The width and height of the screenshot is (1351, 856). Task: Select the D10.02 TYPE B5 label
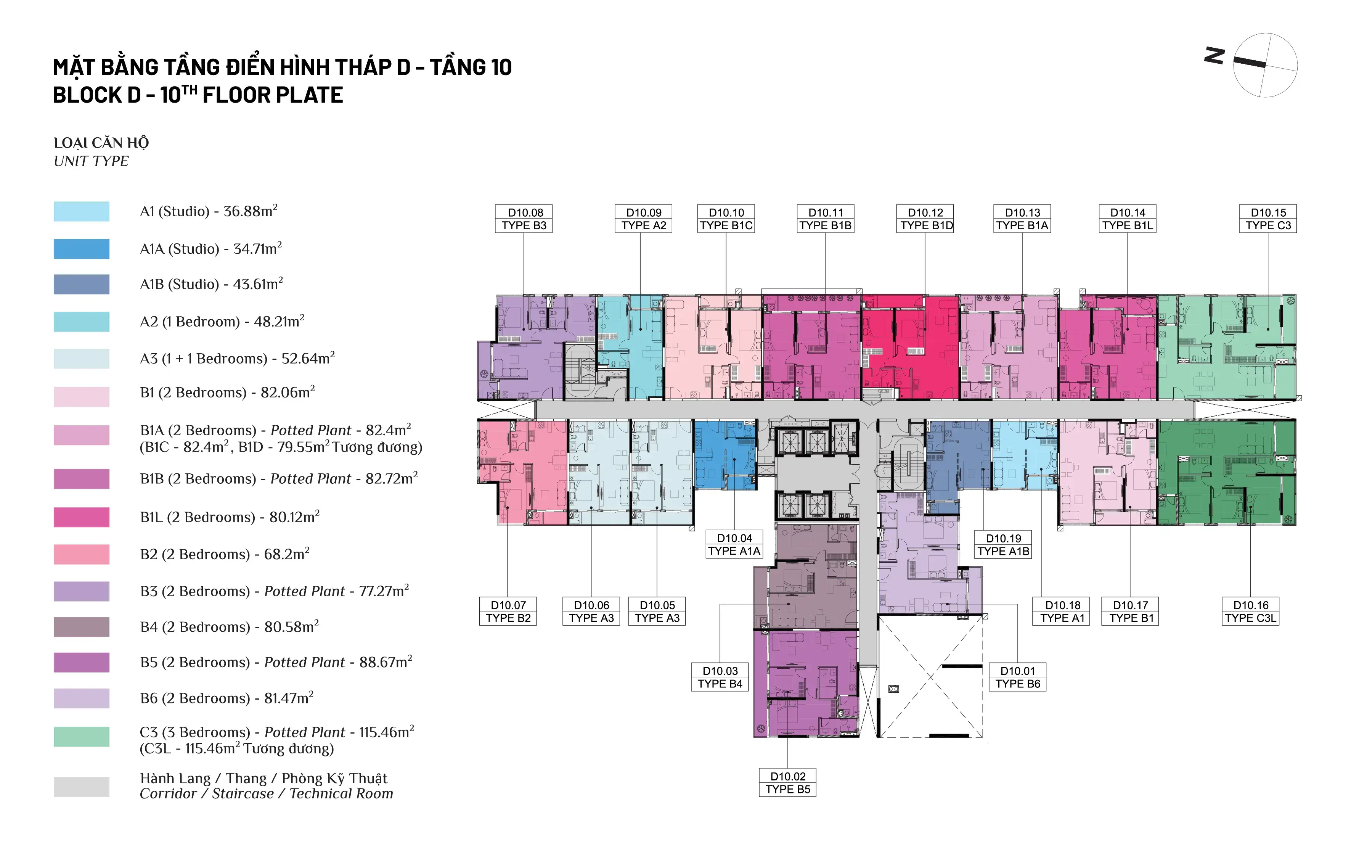788,782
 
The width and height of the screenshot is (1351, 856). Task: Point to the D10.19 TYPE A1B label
1003,544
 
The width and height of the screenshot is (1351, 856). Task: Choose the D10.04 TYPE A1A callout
734,544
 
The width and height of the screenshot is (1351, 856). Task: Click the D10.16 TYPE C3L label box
1251,611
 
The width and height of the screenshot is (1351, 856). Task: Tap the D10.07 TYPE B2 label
508,611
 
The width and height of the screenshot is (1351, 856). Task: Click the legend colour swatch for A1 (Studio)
81,212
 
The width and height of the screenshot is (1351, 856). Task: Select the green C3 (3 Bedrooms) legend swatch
81,737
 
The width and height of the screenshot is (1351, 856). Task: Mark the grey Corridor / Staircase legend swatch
81,787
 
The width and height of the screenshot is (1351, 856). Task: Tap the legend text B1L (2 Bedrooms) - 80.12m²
230,516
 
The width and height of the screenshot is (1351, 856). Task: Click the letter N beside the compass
1214,56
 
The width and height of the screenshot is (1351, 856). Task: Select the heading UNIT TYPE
91,161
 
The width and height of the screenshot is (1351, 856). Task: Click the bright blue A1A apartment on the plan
725,455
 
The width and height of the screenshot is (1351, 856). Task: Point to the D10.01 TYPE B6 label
1018,677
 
